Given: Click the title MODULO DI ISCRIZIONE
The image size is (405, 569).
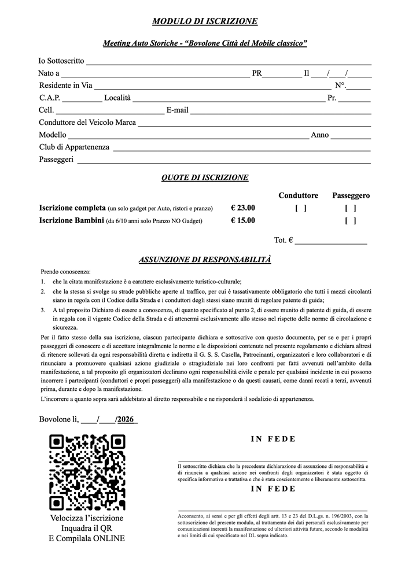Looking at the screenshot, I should (205, 21).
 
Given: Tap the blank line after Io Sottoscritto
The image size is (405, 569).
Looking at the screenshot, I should (229, 62).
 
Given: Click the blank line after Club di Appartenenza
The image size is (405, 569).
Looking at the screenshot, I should (241, 149).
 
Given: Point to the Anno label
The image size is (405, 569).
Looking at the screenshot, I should (320, 135).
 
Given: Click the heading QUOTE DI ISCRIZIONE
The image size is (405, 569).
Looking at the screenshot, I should (205, 178).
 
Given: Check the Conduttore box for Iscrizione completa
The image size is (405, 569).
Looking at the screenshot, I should (300, 208).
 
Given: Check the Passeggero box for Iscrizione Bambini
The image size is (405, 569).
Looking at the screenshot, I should (350, 220).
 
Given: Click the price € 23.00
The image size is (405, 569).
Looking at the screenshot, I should (242, 208).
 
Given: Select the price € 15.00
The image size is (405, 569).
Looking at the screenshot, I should (242, 220).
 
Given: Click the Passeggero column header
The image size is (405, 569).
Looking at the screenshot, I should (351, 195).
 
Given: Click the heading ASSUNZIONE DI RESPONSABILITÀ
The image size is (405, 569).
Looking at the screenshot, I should (205, 260).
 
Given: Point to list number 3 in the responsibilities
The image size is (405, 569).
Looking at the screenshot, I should (43, 310).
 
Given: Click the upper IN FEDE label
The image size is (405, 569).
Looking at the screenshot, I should (273, 439).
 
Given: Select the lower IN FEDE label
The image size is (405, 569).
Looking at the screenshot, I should (273, 489).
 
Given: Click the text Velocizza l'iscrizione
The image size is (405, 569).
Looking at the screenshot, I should (87, 518).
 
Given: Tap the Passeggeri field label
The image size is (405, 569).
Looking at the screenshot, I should (56, 159).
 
